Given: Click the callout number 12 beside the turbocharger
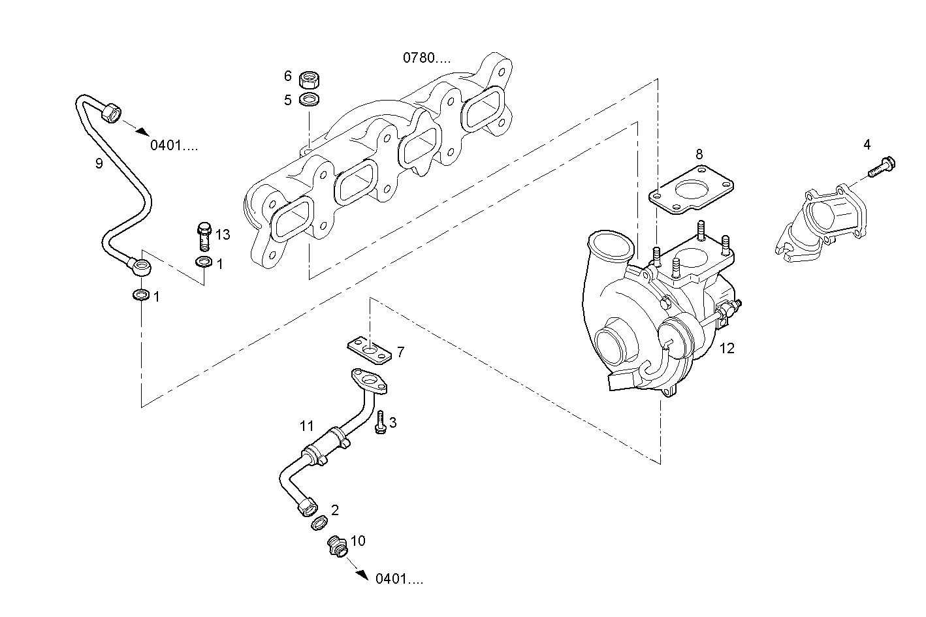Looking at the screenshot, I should click(727, 349).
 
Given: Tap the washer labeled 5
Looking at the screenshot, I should click(308, 100).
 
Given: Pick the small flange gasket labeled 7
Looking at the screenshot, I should click(370, 350).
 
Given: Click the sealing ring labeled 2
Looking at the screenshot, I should click(319, 522).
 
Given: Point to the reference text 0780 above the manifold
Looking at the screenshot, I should click(426, 57).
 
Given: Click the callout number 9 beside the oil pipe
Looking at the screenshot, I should click(99, 163).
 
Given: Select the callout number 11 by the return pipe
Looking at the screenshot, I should click(307, 426).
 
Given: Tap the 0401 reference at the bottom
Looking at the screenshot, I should click(399, 578).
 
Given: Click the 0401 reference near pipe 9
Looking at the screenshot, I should click(174, 145).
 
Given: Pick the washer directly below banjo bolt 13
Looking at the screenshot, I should click(203, 263).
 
